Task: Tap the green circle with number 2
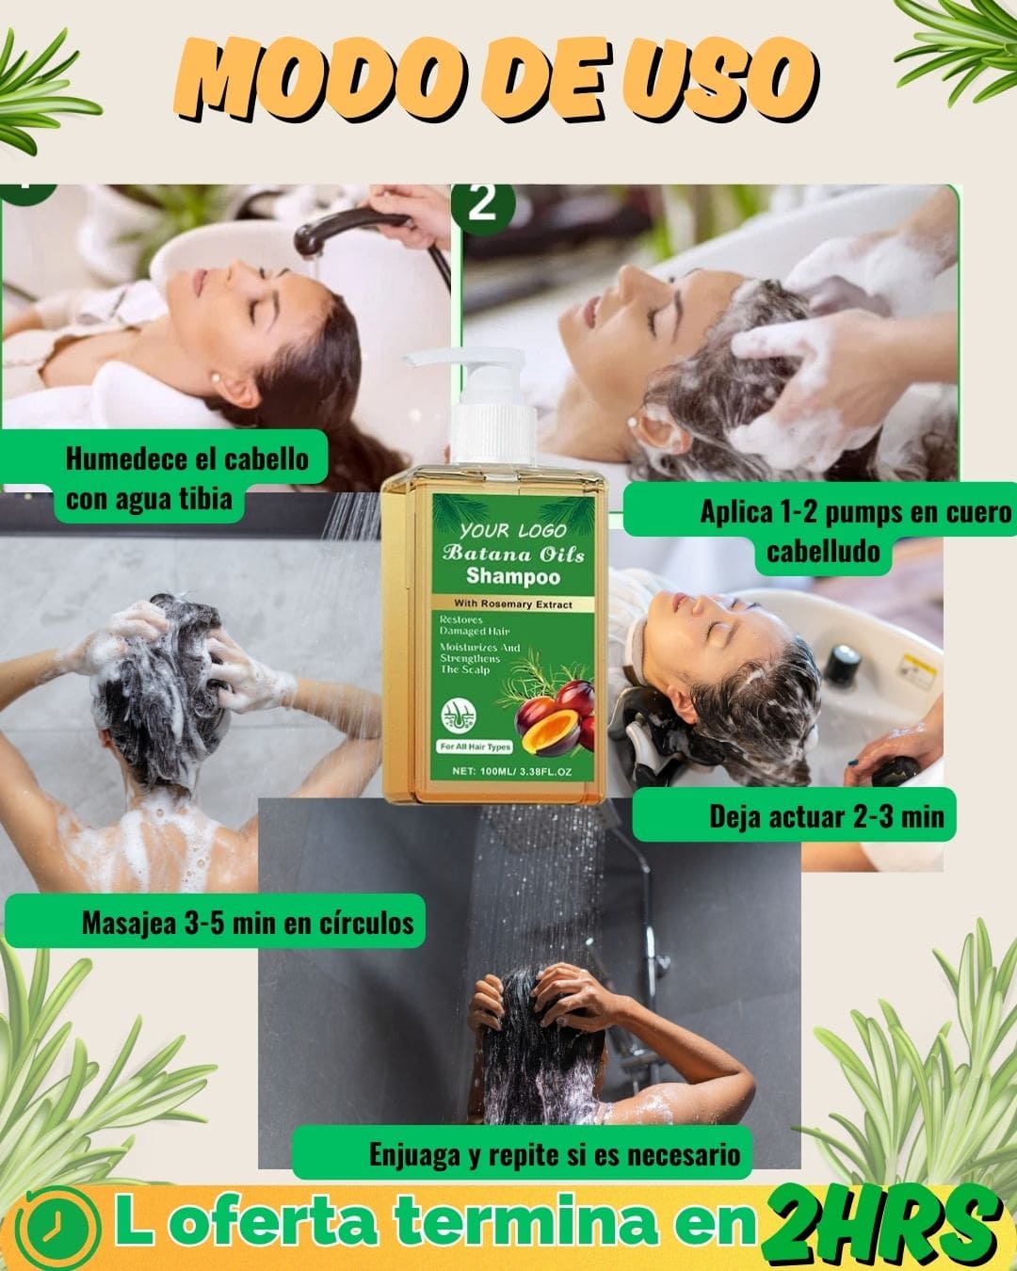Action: point(483,204)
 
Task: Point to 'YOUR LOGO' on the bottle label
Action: point(512,530)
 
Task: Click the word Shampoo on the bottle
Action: point(513,576)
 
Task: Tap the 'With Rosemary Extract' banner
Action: point(513,604)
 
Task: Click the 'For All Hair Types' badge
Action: point(476,747)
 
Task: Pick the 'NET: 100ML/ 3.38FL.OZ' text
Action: point(511,771)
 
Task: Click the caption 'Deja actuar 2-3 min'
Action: point(826,817)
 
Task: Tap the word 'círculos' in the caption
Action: point(366,924)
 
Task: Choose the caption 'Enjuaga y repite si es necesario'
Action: point(555,1154)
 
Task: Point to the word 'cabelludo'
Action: point(823,552)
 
